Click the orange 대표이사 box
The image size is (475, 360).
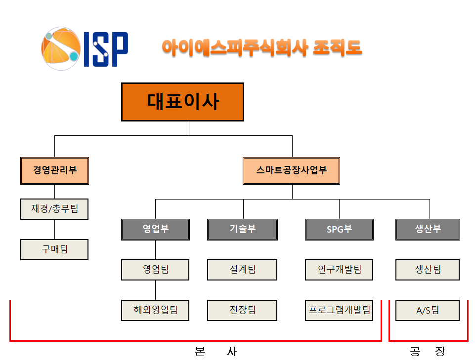pyautogui.click(x=183, y=102)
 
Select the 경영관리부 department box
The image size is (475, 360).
pyautogui.click(x=54, y=171)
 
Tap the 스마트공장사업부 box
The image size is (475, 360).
pyautogui.click(x=292, y=171)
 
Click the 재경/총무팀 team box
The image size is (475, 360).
pyautogui.click(x=54, y=209)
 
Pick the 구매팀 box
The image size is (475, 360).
pyautogui.click(x=54, y=249)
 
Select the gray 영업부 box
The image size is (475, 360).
pyautogui.click(x=155, y=230)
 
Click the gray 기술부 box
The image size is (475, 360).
pyautogui.click(x=242, y=230)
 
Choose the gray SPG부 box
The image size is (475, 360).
pyautogui.click(x=339, y=230)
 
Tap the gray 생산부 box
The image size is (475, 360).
pyautogui.click(x=428, y=230)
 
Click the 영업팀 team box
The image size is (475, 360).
pyautogui.click(x=155, y=270)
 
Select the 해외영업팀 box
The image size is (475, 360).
pyautogui.click(x=155, y=310)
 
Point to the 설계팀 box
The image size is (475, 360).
pyautogui.click(x=242, y=270)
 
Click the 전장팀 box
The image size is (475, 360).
pyautogui.click(x=242, y=310)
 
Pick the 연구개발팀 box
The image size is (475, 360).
pyautogui.click(x=339, y=270)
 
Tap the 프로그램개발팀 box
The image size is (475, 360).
pyautogui.click(x=339, y=310)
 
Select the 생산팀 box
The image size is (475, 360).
pyautogui.click(x=428, y=270)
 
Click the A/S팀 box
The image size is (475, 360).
pyautogui.click(x=428, y=310)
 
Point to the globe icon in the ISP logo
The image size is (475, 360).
pyautogui.click(x=61, y=48)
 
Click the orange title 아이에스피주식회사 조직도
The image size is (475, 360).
pyautogui.click(x=262, y=48)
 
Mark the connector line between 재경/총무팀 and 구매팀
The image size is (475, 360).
pyautogui.click(x=54, y=229)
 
